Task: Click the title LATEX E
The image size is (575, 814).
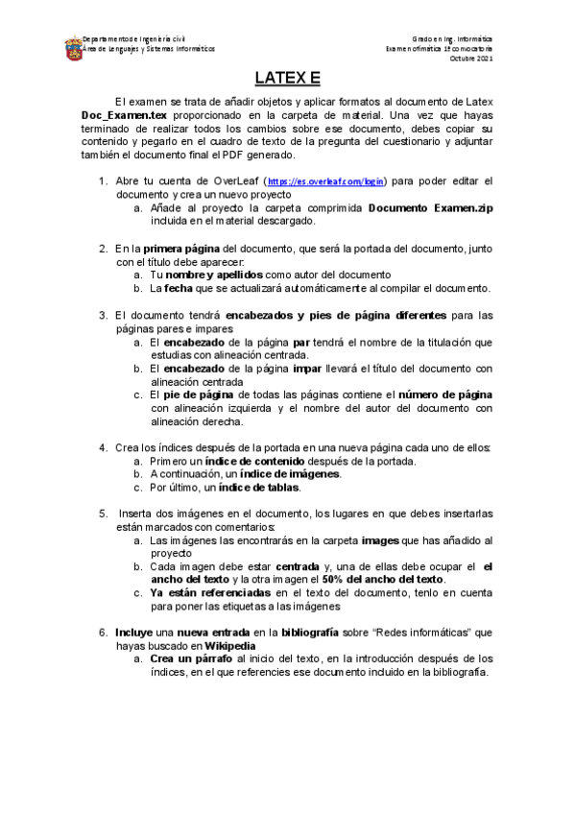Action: pyautogui.click(x=287, y=78)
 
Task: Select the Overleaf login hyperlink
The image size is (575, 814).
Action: pyautogui.click(x=325, y=180)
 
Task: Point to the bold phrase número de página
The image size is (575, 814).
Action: pyautogui.click(x=446, y=395)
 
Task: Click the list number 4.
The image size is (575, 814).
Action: pyautogui.click(x=103, y=447)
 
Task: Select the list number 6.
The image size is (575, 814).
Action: pyautogui.click(x=103, y=633)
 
